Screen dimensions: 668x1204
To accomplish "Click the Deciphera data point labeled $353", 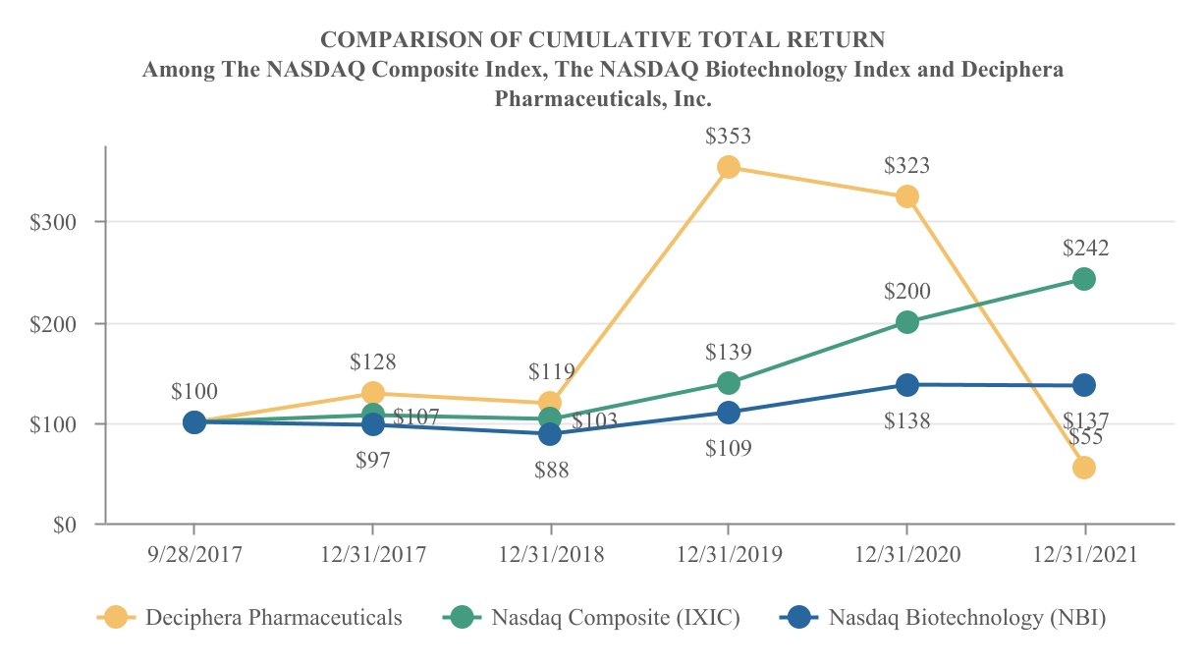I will pos(728,167).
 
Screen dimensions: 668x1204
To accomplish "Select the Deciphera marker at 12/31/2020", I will pos(906,196).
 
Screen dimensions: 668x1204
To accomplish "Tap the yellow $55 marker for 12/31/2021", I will pos(1084,468).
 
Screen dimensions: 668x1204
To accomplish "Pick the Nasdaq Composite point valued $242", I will pos(1084,279).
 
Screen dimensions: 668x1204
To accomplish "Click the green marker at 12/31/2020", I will pos(906,321).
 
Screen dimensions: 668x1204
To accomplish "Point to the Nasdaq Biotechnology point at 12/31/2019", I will pos(728,413).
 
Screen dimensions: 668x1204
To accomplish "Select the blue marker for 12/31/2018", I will pos(550,433).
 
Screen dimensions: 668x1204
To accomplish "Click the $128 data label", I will pos(373,362).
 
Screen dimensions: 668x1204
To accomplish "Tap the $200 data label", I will pos(906,291).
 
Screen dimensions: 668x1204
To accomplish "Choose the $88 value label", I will pos(551,470).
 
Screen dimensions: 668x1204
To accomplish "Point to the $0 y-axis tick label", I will pos(63,526).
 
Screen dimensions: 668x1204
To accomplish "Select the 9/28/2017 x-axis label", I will pos(194,555).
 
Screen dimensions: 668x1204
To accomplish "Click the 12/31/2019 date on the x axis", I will pos(729,555).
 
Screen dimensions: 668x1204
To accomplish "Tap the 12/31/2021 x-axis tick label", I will pos(1085,555).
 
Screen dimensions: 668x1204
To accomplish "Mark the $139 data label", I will pos(729,352).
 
